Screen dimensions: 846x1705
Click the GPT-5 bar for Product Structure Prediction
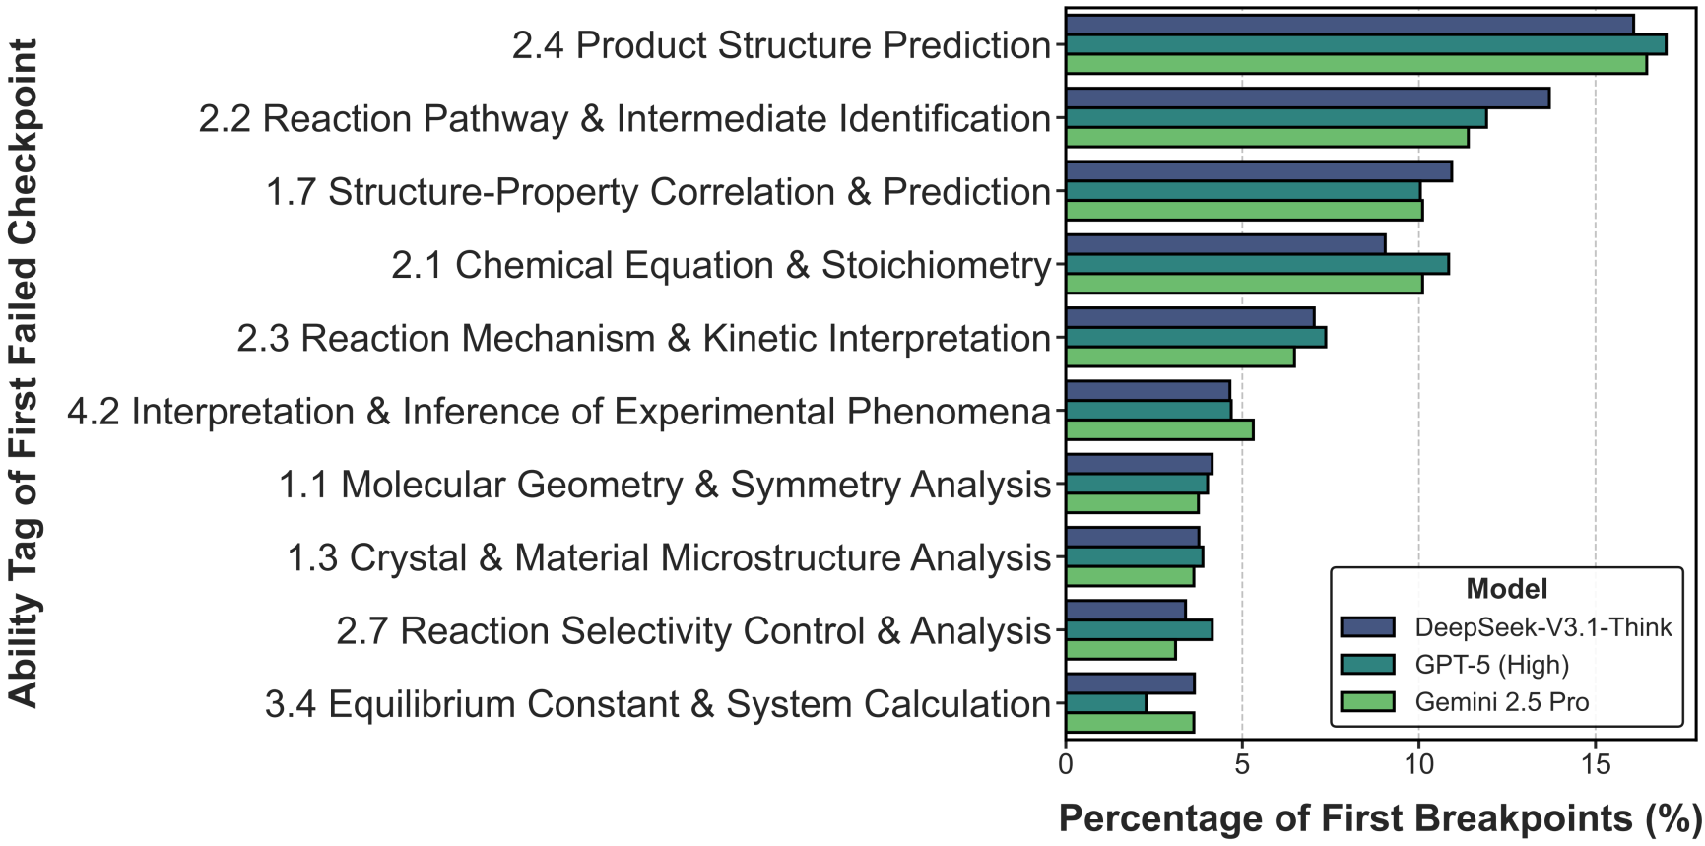[1365, 44]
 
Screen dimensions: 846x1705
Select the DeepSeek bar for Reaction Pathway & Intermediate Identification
[1307, 98]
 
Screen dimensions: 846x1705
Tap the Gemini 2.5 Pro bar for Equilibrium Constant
[1130, 722]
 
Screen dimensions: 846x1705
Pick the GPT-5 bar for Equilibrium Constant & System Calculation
[1105, 703]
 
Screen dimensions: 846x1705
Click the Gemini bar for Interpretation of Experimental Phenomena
[1159, 429]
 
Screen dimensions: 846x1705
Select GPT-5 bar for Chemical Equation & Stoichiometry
[1257, 264]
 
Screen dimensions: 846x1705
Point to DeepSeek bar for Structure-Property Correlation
[1259, 171]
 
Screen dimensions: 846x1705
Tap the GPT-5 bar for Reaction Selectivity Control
[1139, 630]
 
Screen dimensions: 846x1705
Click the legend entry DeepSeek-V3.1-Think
[1542, 627]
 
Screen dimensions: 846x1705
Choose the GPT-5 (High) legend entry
[1491, 665]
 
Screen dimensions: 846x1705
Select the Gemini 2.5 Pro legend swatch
[1367, 702]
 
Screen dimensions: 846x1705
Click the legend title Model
[1506, 589]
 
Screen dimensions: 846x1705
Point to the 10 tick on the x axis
[1418, 764]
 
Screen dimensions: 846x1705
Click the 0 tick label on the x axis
[1066, 764]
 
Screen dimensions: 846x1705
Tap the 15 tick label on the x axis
[1595, 764]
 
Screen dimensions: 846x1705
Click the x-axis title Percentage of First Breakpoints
[1380, 818]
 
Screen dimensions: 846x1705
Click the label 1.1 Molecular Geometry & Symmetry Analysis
[665, 485]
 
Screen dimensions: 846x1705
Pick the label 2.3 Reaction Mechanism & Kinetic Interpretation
[643, 338]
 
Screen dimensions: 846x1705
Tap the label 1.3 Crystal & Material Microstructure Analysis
[669, 557]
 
